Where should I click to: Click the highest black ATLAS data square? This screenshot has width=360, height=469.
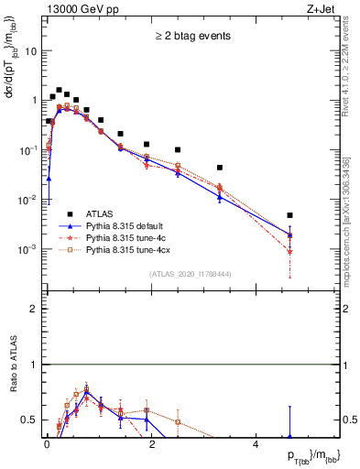(x=59, y=91)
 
